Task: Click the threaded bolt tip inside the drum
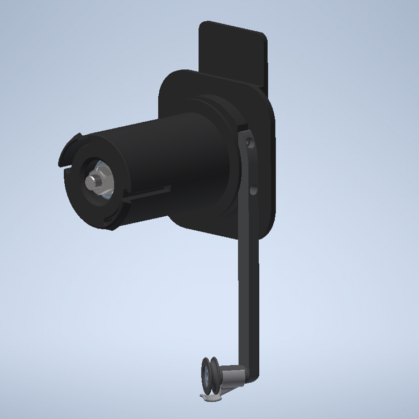[91, 182]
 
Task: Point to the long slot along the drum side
[146, 193]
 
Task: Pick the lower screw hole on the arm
[253, 191]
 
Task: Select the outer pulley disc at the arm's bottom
[207, 377]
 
